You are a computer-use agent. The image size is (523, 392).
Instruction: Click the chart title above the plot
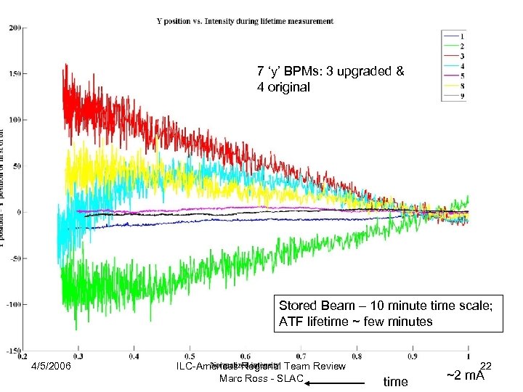pyautogui.click(x=245, y=21)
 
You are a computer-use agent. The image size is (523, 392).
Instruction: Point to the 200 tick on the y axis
pyautogui.click(x=15, y=28)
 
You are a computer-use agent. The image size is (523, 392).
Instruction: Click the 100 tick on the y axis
pyautogui.click(x=15, y=120)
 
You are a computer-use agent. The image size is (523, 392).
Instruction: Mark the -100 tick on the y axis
pyautogui.click(x=13, y=305)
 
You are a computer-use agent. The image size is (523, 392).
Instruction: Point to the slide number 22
pyautogui.click(x=486, y=367)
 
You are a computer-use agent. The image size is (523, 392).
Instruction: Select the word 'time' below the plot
pyautogui.click(x=395, y=381)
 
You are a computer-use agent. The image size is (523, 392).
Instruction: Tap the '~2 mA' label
pyautogui.click(x=466, y=377)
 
